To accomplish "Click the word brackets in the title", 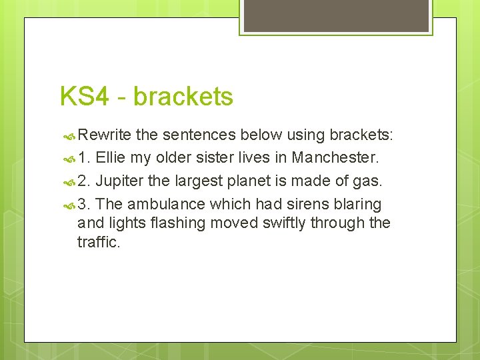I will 183,97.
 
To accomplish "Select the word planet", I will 246,181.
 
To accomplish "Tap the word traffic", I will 98,241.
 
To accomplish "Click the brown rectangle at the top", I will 335,15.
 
